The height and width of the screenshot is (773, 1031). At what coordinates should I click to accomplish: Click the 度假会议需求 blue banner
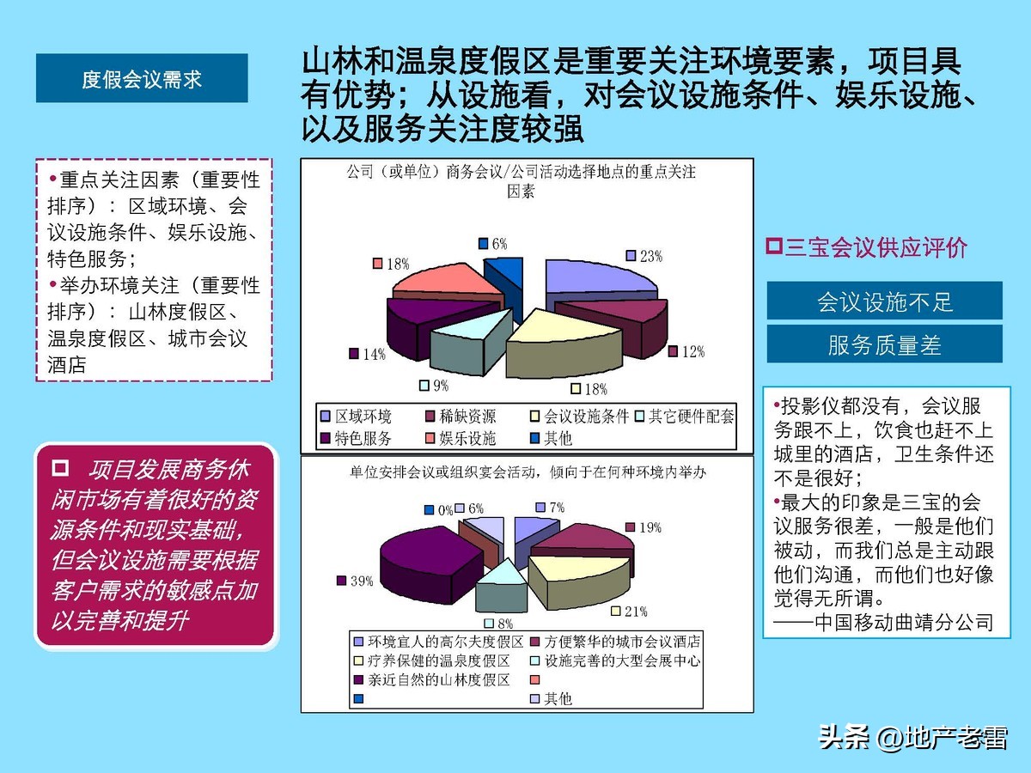(142, 79)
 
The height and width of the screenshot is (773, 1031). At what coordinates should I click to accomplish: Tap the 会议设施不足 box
(884, 302)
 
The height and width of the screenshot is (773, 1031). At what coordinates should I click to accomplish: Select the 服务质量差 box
(884, 344)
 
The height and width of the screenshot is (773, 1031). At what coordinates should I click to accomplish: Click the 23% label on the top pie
(650, 256)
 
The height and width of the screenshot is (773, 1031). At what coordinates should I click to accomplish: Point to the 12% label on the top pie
(692, 351)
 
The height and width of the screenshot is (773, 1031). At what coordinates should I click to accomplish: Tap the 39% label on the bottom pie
(361, 581)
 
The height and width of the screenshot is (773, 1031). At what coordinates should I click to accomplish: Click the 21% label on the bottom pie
(636, 612)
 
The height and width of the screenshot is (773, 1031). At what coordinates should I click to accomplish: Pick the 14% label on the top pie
(374, 353)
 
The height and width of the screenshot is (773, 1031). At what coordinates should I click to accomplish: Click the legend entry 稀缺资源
(467, 417)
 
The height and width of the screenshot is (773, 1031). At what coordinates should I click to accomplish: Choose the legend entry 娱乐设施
(467, 438)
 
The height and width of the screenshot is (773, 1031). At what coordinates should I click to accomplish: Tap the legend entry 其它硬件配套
(692, 417)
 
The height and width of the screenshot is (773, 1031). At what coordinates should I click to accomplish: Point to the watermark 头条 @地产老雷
(912, 737)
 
